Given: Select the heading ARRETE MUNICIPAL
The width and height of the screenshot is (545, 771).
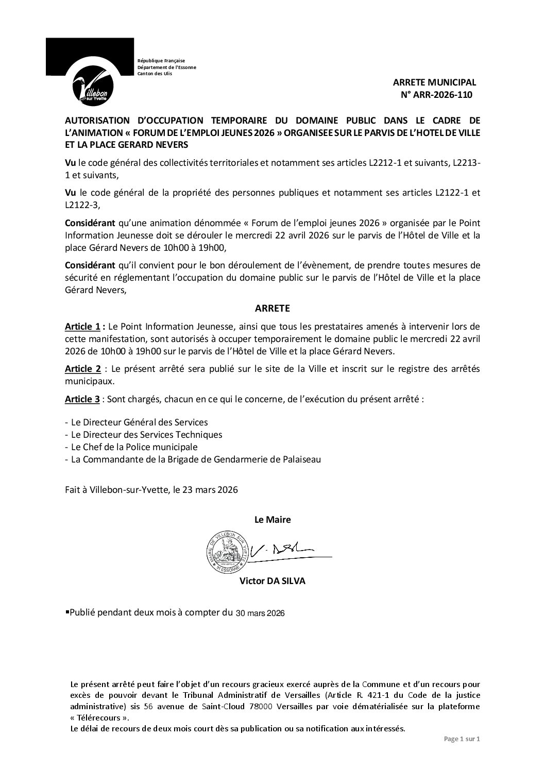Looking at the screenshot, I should (434, 82).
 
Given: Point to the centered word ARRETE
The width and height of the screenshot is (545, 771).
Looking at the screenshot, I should (272, 309).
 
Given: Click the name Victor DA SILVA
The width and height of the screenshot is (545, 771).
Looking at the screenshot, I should (272, 581).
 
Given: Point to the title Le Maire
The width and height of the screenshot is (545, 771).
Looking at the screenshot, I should (272, 520).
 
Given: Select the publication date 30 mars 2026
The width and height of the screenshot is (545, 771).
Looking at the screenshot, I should (260, 613).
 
